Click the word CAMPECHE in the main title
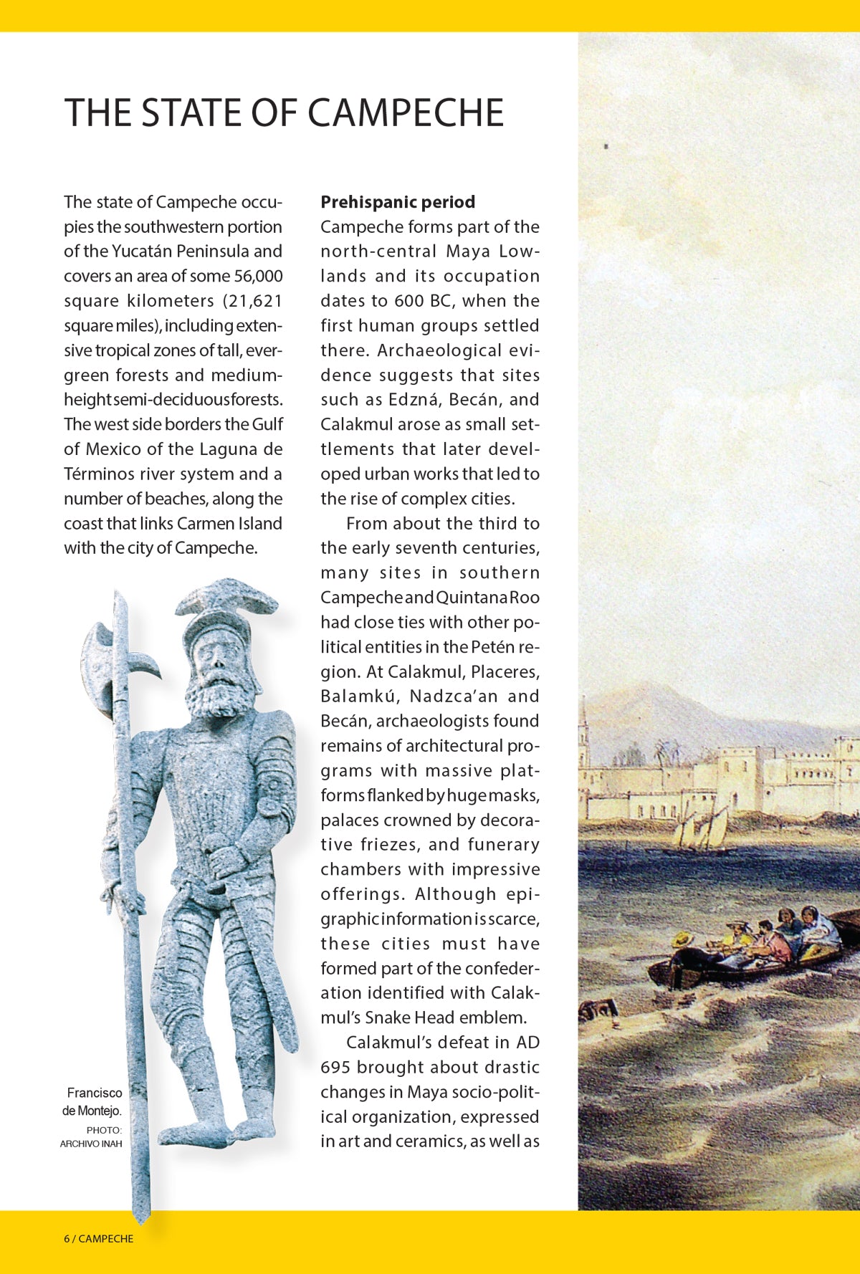(406, 113)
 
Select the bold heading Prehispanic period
(398, 202)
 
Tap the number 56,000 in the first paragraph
(258, 276)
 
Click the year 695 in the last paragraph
(335, 1067)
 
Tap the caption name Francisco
(94, 1093)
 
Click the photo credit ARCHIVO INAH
(91, 1144)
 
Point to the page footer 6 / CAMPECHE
(98, 1238)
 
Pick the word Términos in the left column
(98, 474)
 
